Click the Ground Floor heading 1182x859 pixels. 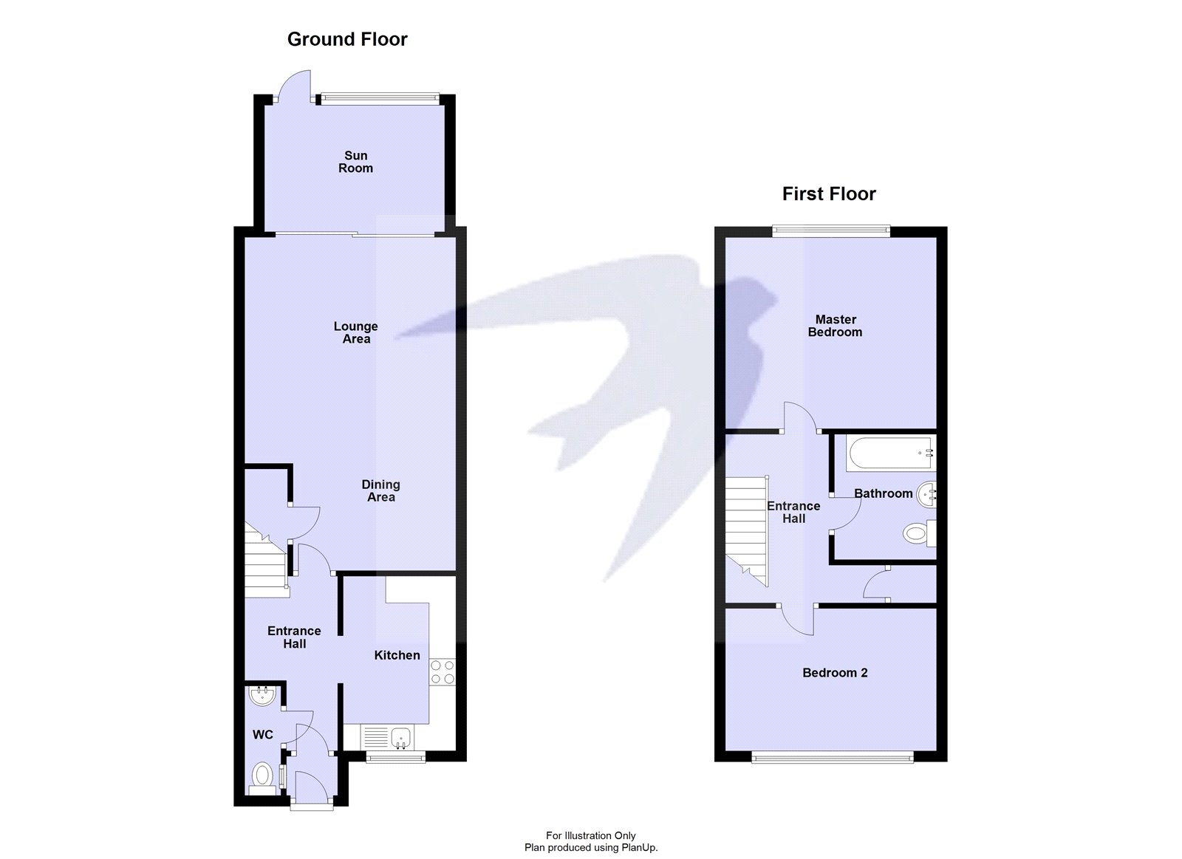coord(347,39)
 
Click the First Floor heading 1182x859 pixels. coord(829,194)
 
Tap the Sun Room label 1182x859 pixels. coord(355,162)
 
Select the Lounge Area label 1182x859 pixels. coord(356,332)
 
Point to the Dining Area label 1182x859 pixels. coord(380,490)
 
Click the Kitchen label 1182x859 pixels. coord(397,655)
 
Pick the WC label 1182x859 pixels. coord(263,734)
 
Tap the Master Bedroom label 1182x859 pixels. coord(835,326)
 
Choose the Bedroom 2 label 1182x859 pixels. coord(835,673)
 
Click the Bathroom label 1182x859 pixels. coord(883,493)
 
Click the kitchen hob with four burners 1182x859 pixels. coord(443,672)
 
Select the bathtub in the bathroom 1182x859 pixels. coord(889,453)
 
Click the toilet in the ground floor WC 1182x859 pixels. coord(262,776)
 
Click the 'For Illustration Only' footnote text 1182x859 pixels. coord(590,836)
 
